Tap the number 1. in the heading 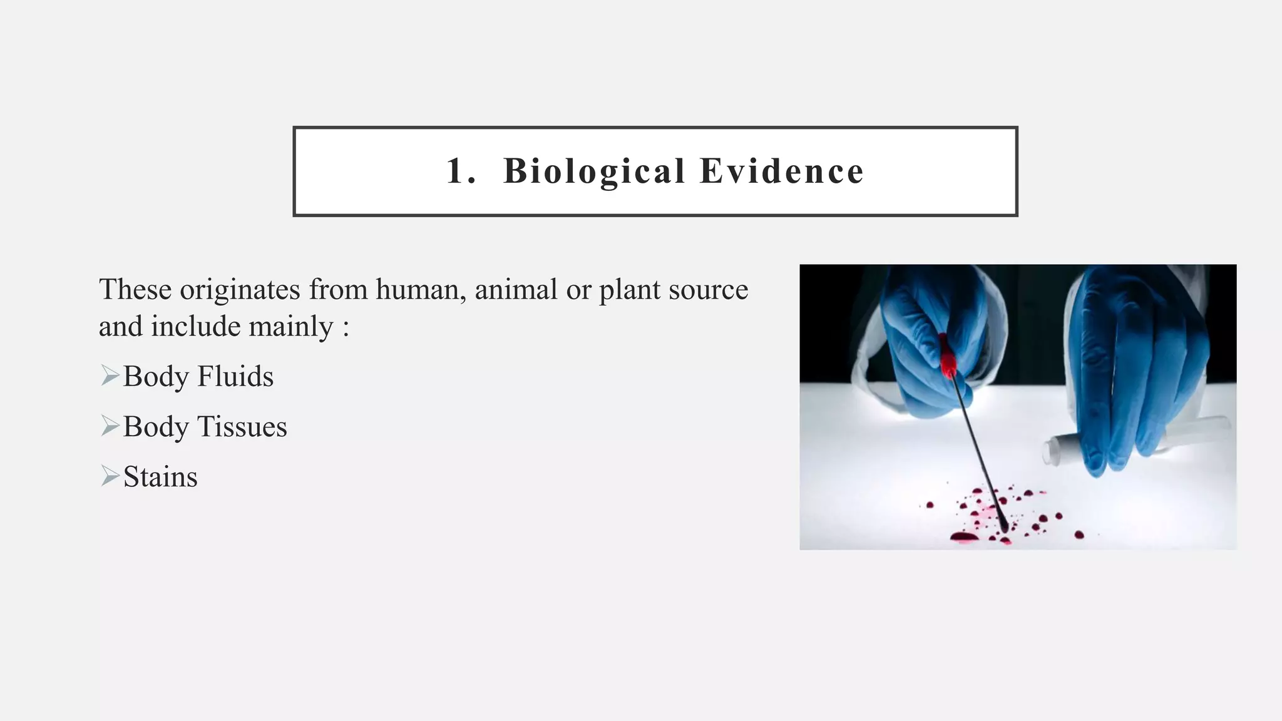point(461,171)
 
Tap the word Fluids point(235,377)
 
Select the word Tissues point(242,427)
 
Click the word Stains point(160,477)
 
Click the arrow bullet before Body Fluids point(110,376)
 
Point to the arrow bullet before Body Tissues point(110,426)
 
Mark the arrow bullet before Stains point(110,476)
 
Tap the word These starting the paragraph point(135,290)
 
